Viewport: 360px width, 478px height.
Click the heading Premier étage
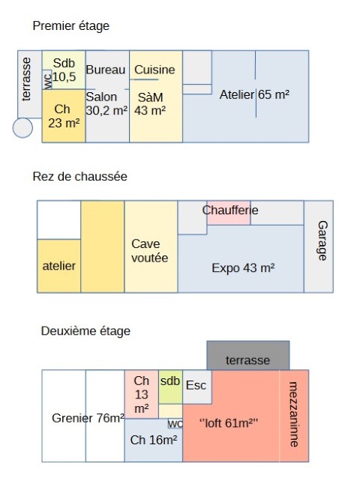point(70,26)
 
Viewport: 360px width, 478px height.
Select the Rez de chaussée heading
point(80,177)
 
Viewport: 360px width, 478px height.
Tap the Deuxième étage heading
point(85,331)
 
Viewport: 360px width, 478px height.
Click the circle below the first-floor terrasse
point(22,127)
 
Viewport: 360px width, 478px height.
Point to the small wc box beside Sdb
point(47,79)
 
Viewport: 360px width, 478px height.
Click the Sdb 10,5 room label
point(64,70)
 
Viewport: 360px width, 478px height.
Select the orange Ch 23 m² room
point(64,116)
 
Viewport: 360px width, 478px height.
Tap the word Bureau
point(106,70)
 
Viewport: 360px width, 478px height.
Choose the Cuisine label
point(154,70)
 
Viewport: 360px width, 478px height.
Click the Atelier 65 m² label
point(254,94)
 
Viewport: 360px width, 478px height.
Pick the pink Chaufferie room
point(229,213)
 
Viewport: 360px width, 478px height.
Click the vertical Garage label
point(322,240)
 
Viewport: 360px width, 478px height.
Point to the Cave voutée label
point(150,251)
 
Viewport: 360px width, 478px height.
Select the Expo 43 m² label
point(243,268)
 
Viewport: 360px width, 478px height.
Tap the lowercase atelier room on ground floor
point(59,266)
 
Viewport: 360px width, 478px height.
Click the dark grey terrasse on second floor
point(248,355)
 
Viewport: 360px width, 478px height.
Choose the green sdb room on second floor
point(170,387)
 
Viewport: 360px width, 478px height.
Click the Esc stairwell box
point(197,387)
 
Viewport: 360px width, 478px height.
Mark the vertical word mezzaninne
point(294,414)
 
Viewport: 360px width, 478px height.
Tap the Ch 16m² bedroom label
point(154,440)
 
